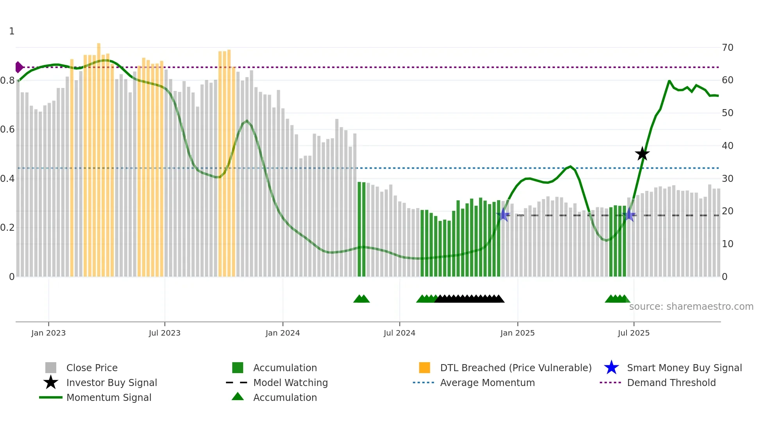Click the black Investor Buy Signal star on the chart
(x=642, y=154)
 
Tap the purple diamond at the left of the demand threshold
(x=19, y=67)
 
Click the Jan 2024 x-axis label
(x=283, y=333)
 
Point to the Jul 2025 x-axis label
(x=634, y=333)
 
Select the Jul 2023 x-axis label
(x=165, y=333)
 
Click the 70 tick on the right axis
(x=727, y=48)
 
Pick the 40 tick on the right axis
(x=727, y=146)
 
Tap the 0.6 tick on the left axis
(x=7, y=129)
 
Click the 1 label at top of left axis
(x=12, y=31)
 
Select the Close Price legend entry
(x=92, y=368)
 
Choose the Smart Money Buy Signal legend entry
(x=684, y=368)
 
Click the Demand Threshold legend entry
(x=671, y=383)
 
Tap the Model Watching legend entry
(x=290, y=383)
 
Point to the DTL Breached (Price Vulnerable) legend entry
(x=515, y=368)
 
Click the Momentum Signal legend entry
(x=109, y=397)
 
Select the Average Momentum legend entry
(x=487, y=383)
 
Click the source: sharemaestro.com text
(x=691, y=306)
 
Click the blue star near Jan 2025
(x=504, y=215)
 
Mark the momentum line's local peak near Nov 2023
(x=247, y=121)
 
